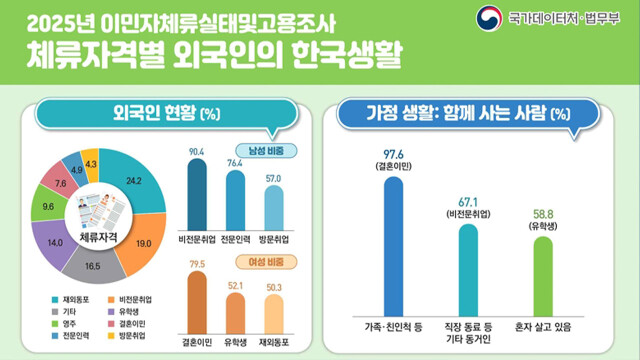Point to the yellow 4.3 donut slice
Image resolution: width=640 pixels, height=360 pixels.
click(x=91, y=163)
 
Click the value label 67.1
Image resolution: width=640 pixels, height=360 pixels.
click(x=468, y=201)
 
